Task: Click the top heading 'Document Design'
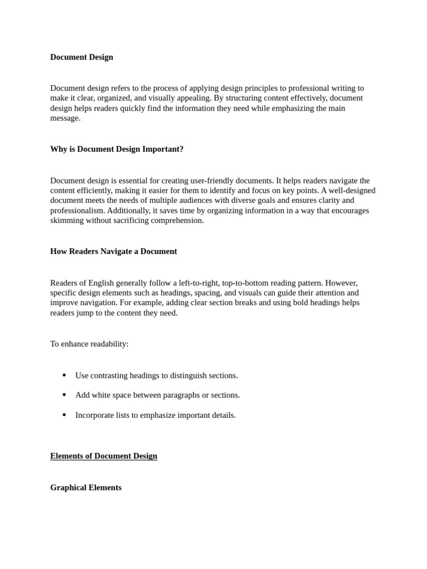click(x=81, y=57)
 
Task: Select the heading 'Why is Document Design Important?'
click(x=117, y=149)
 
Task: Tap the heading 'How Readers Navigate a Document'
click(x=113, y=252)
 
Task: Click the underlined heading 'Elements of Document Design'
click(x=103, y=456)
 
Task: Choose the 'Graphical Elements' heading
click(x=86, y=488)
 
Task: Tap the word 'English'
click(x=103, y=283)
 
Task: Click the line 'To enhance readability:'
click(x=89, y=344)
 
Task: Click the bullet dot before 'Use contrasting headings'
click(x=64, y=376)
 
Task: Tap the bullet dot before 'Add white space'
click(x=64, y=395)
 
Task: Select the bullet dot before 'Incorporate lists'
click(x=64, y=415)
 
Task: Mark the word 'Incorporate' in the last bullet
click(x=96, y=415)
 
